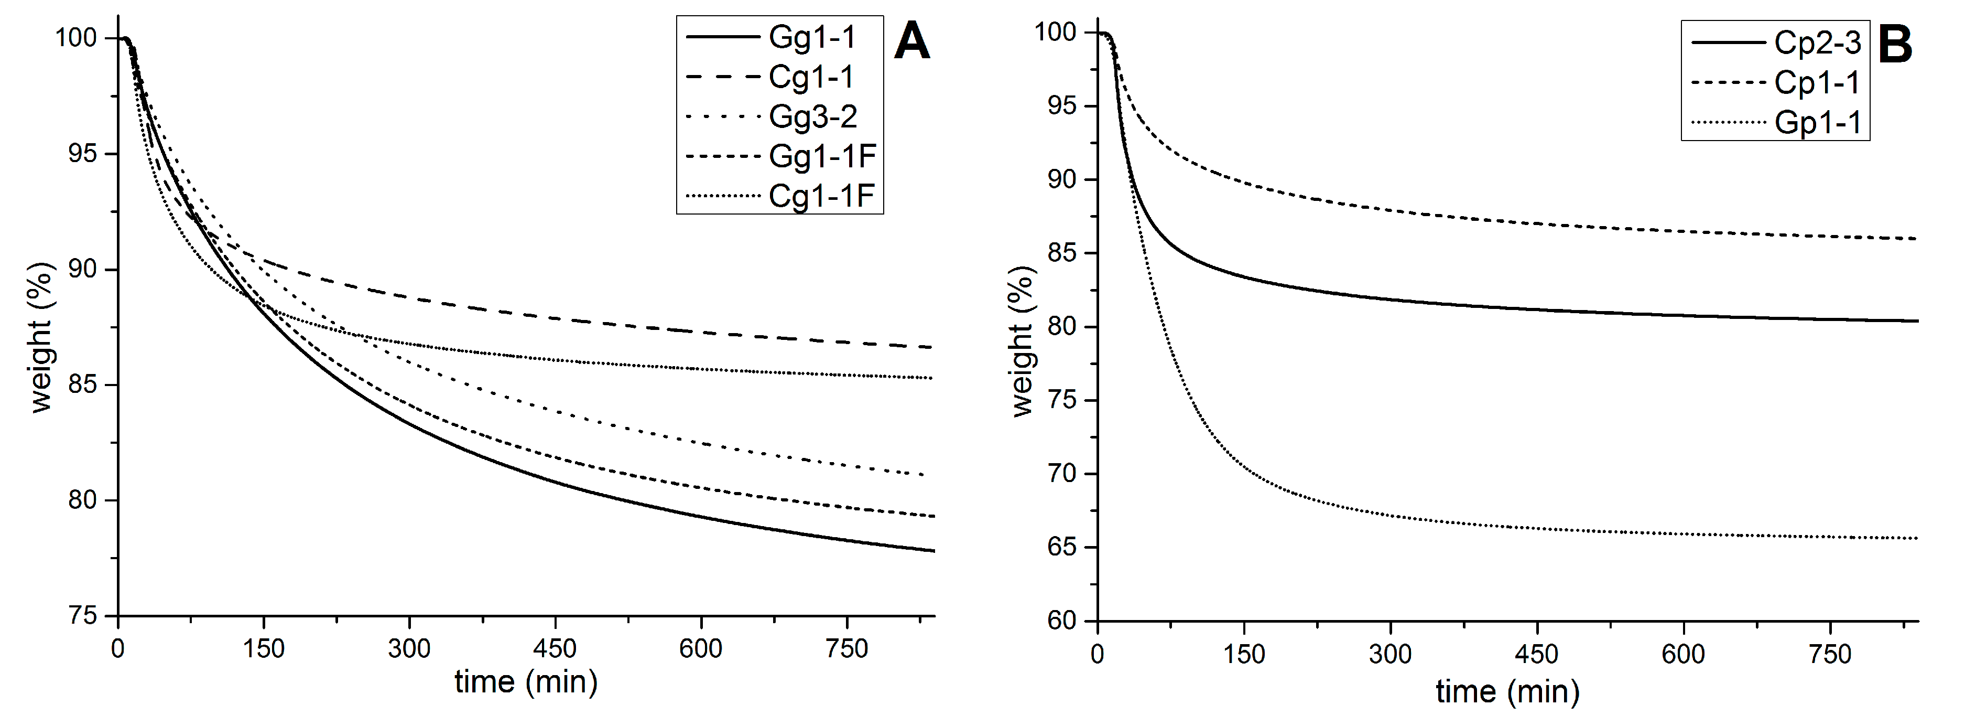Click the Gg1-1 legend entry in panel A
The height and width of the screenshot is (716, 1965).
(811, 37)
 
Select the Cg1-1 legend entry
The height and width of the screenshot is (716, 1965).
(811, 77)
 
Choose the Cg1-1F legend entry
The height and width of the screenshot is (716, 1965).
(821, 196)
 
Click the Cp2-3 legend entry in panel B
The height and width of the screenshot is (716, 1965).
(1818, 42)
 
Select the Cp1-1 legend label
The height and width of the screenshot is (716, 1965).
(1818, 82)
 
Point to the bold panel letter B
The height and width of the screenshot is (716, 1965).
(1895, 45)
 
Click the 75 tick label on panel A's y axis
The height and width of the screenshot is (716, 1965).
(82, 616)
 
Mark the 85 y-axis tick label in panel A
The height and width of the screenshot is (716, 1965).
(82, 384)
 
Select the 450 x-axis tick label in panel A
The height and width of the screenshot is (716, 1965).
(555, 649)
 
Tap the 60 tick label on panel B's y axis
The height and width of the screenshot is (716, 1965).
(1062, 621)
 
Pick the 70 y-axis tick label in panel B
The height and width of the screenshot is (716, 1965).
(1062, 473)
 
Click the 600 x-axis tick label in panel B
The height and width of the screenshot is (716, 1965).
(1684, 654)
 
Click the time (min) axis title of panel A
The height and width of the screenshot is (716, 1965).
(526, 682)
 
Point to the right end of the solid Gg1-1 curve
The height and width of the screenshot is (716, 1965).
(933, 550)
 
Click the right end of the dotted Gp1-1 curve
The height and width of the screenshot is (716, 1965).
(1916, 538)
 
